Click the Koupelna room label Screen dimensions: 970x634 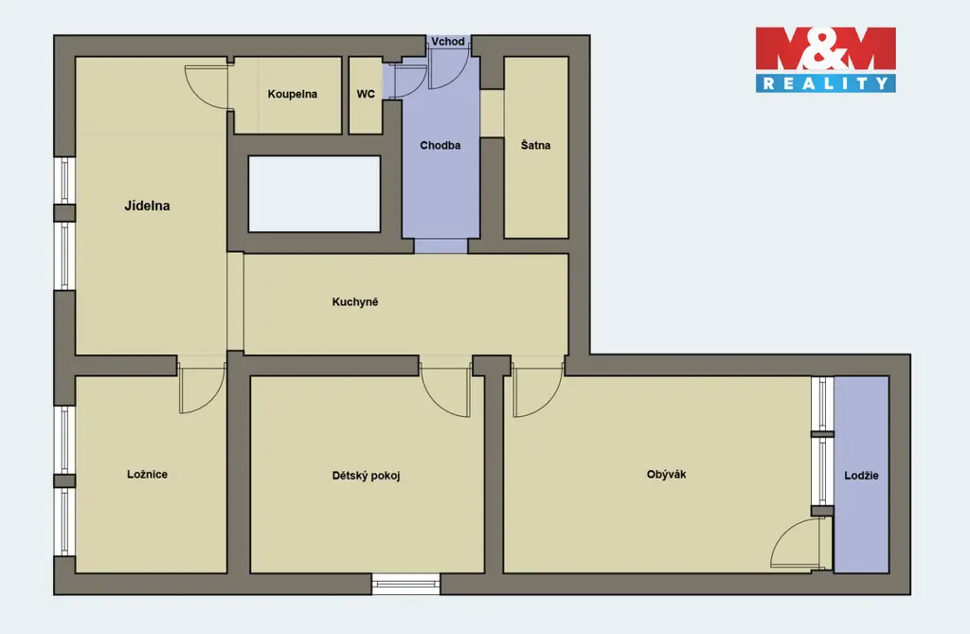click(292, 94)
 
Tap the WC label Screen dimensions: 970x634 click(366, 94)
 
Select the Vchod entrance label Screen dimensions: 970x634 click(448, 42)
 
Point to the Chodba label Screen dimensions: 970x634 click(440, 146)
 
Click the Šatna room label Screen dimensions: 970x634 click(536, 145)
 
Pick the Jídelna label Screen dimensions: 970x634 click(147, 206)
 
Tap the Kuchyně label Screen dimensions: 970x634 click(355, 302)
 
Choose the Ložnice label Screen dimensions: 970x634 click(147, 474)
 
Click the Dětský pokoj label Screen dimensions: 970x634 click(367, 476)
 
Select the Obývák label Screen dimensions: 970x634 click(666, 474)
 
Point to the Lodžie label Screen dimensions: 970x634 click(861, 476)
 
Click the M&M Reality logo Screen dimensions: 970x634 click(825, 60)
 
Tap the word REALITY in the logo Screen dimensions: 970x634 click(825, 83)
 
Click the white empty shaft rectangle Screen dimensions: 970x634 click(314, 193)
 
